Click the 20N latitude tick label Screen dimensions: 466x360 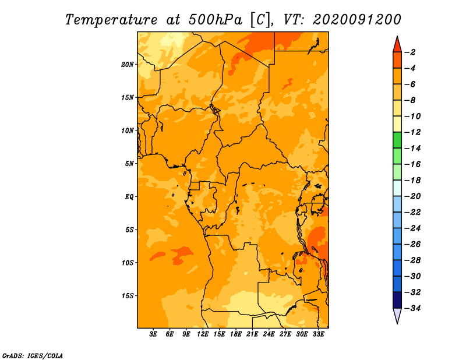128,65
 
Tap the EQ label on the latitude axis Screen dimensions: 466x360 129,197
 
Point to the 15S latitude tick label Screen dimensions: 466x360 128,296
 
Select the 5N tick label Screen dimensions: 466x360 129,164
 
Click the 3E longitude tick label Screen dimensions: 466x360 153,334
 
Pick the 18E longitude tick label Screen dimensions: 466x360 236,334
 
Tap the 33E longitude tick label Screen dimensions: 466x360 318,334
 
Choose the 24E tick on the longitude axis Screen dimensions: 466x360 269,334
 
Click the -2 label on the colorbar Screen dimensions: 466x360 410,52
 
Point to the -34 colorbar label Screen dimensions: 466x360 413,308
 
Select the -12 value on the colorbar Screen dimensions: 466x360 413,132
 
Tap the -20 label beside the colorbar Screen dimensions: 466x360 413,196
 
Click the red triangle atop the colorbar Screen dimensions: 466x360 397,45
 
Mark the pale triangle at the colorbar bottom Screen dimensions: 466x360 397,315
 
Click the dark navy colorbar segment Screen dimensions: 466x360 397,300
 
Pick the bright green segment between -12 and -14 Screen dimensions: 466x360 397,140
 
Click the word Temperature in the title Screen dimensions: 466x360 111,20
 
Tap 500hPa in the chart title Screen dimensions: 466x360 216,20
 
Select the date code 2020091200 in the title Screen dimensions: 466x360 357,20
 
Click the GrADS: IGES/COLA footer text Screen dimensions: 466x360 33,356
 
